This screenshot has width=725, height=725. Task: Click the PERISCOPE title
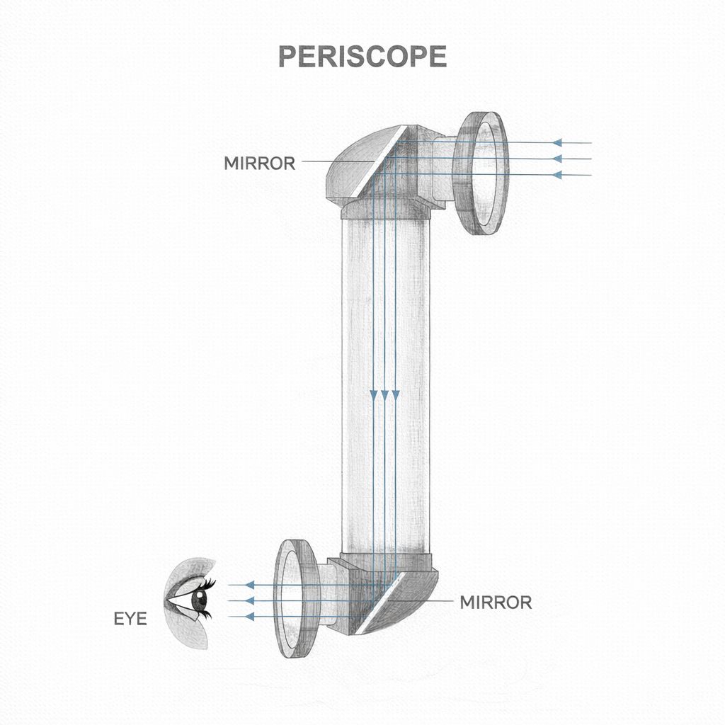coord(362,57)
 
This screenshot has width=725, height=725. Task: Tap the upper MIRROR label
coord(259,164)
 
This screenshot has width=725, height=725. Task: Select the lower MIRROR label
coord(496,603)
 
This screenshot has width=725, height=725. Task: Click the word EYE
coord(130,619)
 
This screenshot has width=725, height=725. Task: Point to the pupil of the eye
coord(199,603)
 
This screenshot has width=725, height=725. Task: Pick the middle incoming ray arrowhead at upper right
coord(557,159)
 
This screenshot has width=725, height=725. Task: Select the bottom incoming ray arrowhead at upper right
coord(557,174)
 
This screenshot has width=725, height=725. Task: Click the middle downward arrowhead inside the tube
coord(384,394)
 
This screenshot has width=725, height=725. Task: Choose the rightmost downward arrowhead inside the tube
coord(395,394)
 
